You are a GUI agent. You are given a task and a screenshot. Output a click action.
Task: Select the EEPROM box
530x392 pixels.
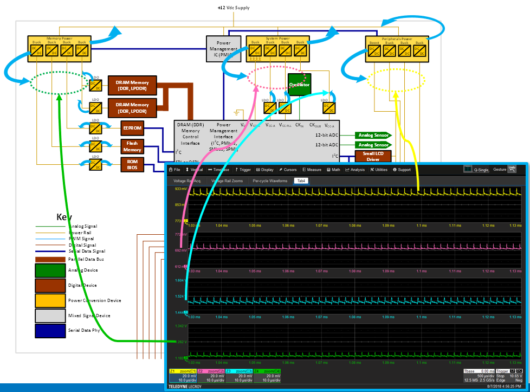[x=132, y=128]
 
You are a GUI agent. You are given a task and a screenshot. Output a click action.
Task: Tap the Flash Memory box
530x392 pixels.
[x=132, y=146]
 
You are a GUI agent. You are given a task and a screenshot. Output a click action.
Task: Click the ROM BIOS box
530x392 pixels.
[x=132, y=164]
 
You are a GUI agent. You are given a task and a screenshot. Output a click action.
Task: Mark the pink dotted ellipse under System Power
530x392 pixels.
[x=275, y=77]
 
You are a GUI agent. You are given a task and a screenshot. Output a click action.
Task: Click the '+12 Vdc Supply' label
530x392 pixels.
[x=233, y=8]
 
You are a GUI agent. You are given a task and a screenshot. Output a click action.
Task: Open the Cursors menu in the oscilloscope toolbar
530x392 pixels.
[x=288, y=170]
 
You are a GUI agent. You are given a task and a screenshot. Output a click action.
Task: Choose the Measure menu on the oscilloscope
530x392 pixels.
[x=312, y=170]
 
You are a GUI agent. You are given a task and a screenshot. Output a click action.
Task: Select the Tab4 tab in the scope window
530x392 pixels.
[x=301, y=181]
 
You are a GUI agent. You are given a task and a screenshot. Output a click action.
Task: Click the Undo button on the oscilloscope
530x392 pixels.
[x=512, y=169]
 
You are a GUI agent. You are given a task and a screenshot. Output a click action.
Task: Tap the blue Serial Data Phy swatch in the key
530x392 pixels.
[x=50, y=330]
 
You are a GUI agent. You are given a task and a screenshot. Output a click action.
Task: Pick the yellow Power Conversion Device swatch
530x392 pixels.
[x=50, y=300]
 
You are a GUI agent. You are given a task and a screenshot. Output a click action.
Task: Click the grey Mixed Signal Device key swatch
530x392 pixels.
[x=50, y=315]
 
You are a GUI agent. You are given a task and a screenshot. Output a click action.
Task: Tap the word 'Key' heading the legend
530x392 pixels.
[x=65, y=217]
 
